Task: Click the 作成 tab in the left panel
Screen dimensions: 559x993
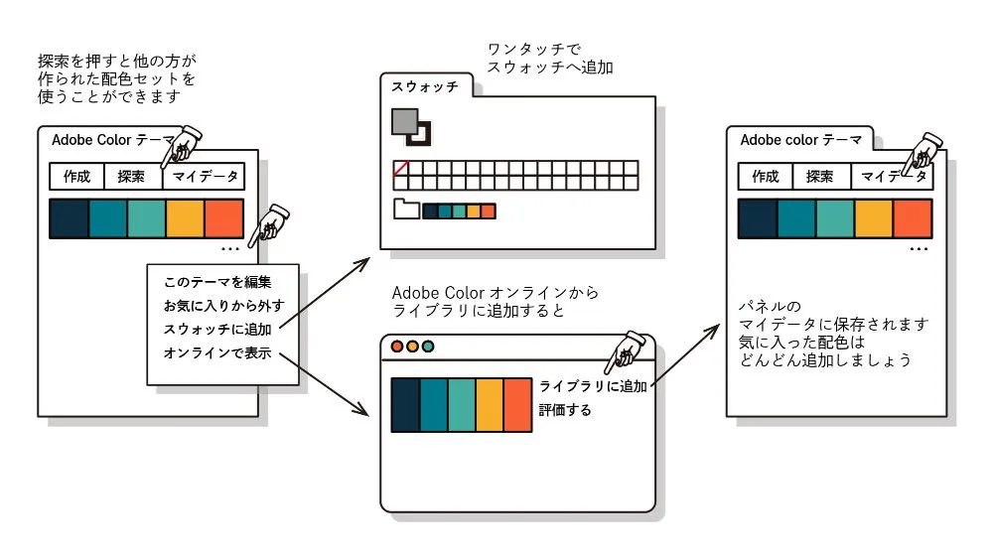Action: coord(76,177)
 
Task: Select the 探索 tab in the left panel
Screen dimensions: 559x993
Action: coord(132,177)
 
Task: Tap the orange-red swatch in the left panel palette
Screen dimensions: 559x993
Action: coord(223,217)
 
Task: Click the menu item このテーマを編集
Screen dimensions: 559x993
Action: coord(216,282)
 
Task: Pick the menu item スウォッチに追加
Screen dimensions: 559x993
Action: coord(216,329)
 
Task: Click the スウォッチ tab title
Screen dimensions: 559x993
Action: coord(425,86)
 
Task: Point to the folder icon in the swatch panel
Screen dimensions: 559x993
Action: coord(406,210)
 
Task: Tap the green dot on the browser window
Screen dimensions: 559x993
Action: coord(428,348)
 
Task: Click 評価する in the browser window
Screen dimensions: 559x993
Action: coord(564,409)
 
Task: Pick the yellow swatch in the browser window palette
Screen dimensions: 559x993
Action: coord(490,405)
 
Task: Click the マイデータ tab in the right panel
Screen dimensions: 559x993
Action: coord(893,177)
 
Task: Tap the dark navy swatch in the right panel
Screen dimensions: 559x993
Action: coord(757,217)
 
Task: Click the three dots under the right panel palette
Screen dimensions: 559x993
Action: coord(919,248)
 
